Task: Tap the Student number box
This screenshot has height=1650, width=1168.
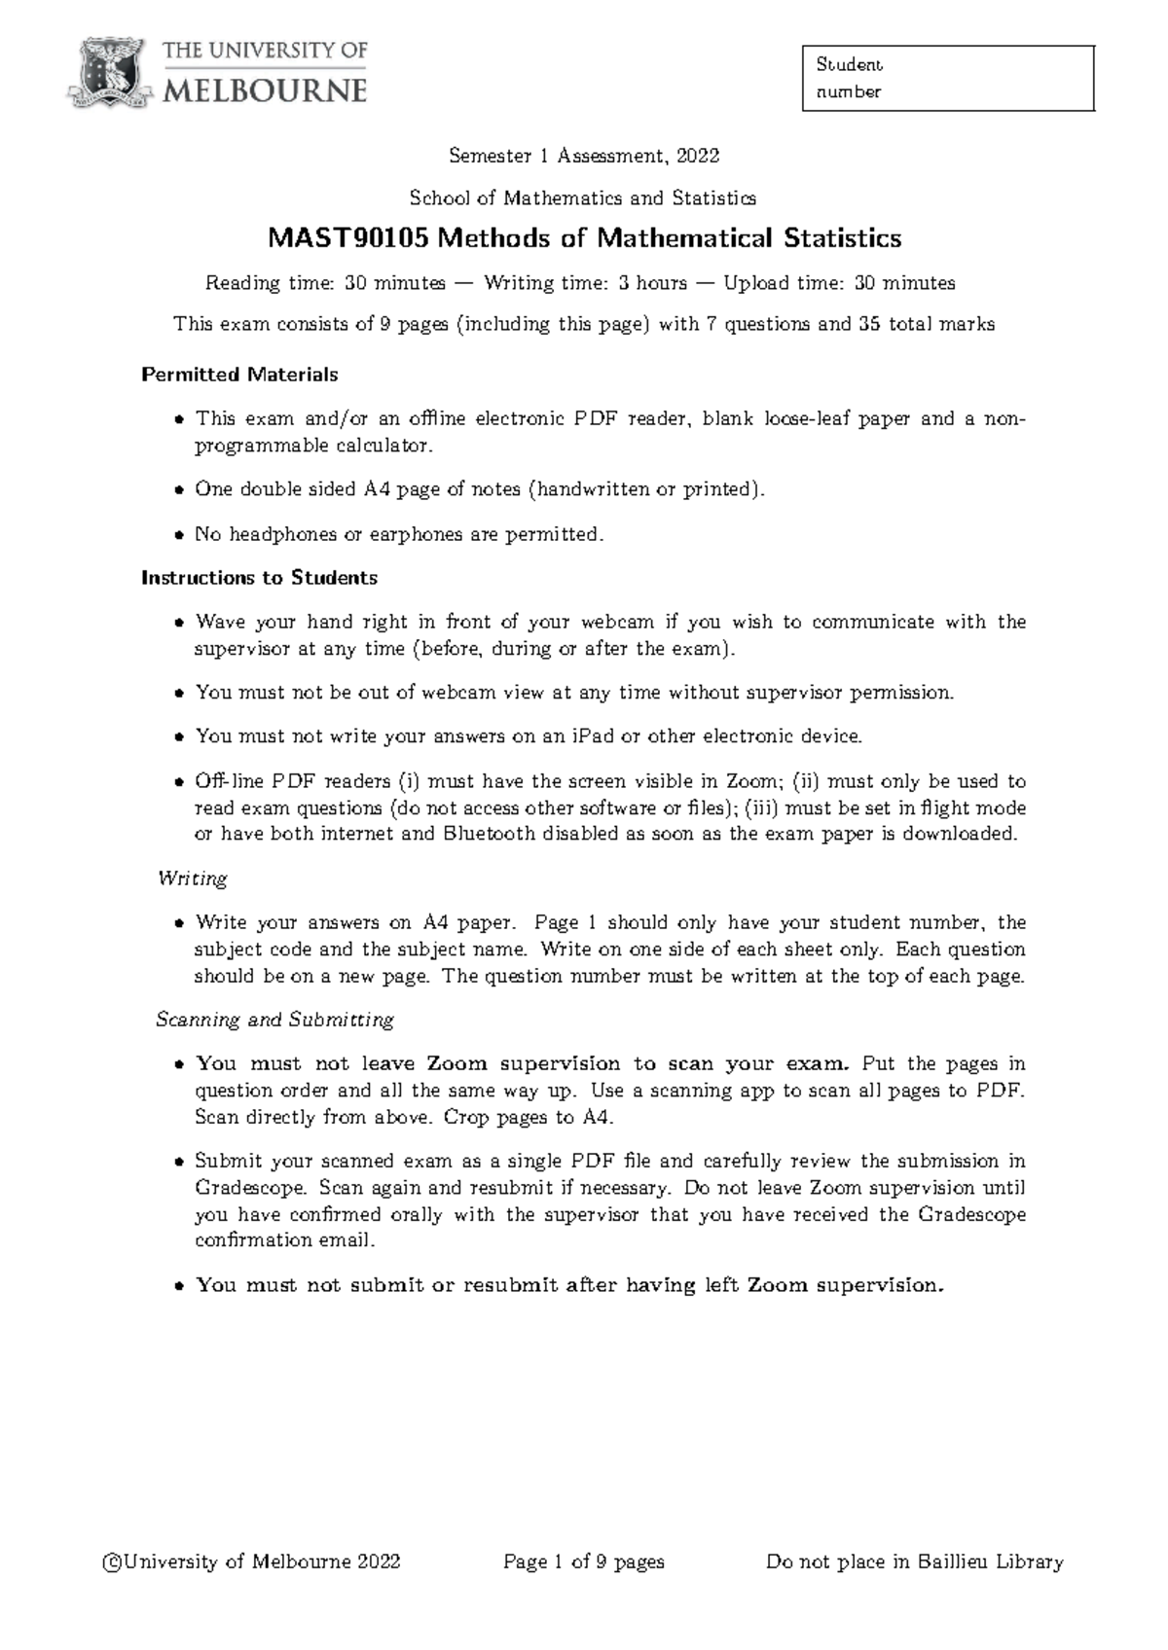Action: pyautogui.click(x=948, y=78)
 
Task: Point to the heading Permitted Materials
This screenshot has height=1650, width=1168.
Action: pyautogui.click(x=239, y=375)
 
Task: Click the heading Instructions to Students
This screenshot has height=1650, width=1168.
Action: pyautogui.click(x=259, y=578)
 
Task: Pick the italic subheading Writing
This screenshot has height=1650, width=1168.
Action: pyautogui.click(x=193, y=879)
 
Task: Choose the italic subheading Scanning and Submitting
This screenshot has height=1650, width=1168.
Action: pyautogui.click(x=275, y=1020)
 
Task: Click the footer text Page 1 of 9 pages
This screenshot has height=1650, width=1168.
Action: pyautogui.click(x=584, y=1562)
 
